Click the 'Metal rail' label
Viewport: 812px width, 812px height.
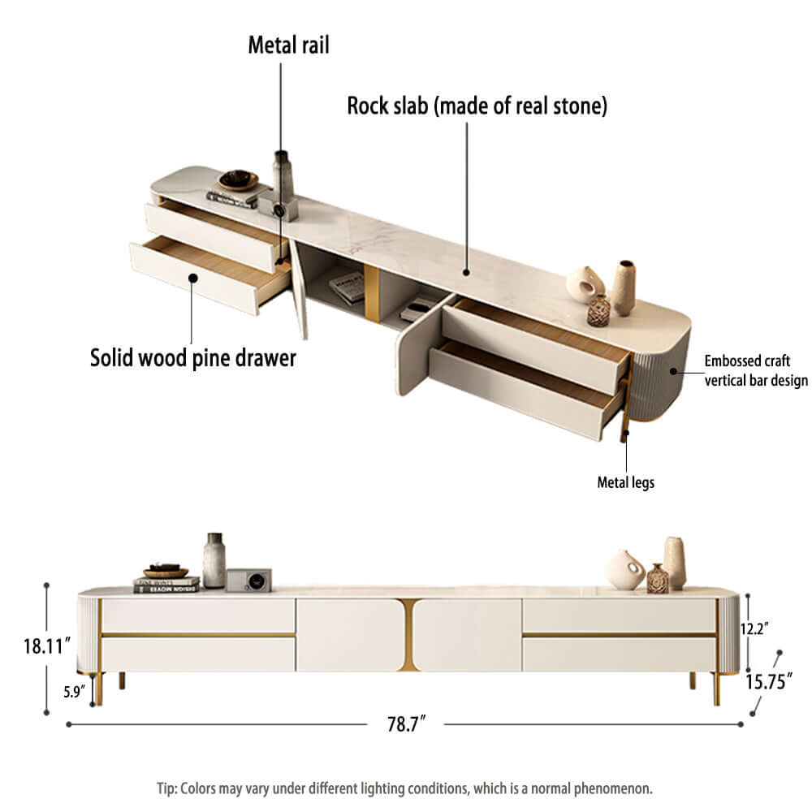click(288, 45)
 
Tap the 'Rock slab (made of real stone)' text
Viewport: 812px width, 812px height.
click(477, 106)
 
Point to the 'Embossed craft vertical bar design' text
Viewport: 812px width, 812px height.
click(755, 370)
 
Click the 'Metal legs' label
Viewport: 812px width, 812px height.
click(625, 482)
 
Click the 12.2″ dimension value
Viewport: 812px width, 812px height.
click(755, 628)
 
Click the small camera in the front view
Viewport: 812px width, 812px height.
click(248, 579)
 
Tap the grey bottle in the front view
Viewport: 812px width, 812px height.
click(214, 559)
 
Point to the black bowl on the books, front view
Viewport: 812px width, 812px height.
click(166, 570)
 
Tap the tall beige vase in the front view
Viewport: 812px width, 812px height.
click(675, 562)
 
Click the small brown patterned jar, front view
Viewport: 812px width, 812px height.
click(657, 579)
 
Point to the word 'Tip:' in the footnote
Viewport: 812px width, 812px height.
click(168, 788)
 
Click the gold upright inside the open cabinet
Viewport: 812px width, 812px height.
click(371, 293)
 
